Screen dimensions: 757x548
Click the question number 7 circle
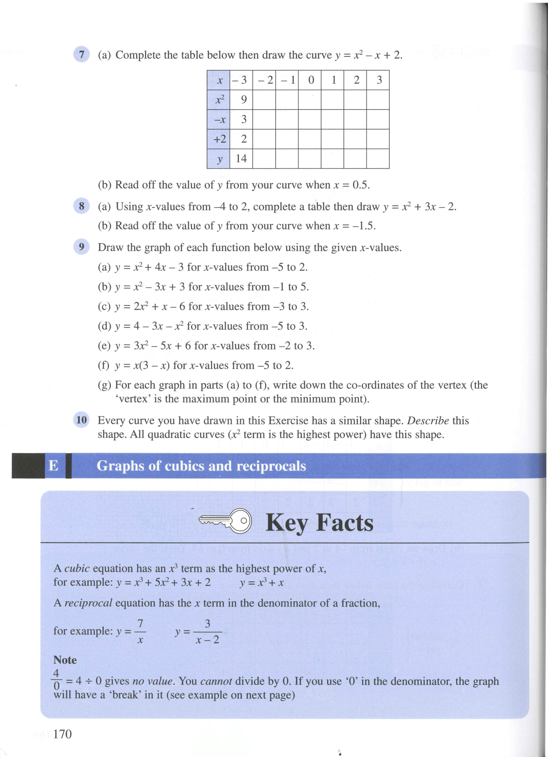(81, 55)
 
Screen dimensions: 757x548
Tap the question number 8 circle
(81, 206)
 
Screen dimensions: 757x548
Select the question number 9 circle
(81, 247)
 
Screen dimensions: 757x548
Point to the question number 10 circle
(81, 420)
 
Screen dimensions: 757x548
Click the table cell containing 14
(241, 158)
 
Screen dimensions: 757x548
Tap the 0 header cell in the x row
(311, 80)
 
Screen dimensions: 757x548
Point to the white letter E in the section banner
(54, 465)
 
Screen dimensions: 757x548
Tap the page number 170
(63, 734)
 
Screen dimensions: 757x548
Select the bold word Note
(65, 660)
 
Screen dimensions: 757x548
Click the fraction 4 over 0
(56, 680)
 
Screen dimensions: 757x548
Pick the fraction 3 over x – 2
(207, 631)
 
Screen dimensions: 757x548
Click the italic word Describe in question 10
(428, 420)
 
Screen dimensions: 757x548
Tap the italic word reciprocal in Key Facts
(88, 603)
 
